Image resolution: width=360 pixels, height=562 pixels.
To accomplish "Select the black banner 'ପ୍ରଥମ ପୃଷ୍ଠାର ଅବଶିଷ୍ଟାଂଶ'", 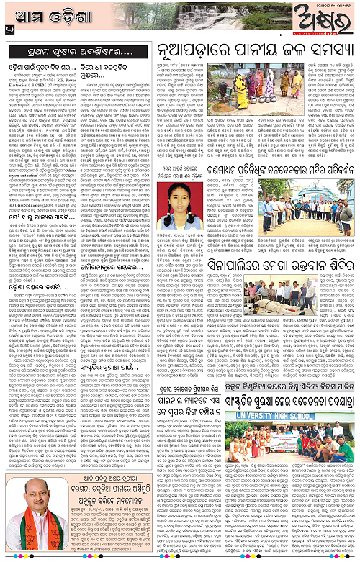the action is click(81, 52).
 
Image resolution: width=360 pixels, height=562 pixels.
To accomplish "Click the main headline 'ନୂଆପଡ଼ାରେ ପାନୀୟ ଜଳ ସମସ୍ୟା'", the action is click(256, 52).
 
